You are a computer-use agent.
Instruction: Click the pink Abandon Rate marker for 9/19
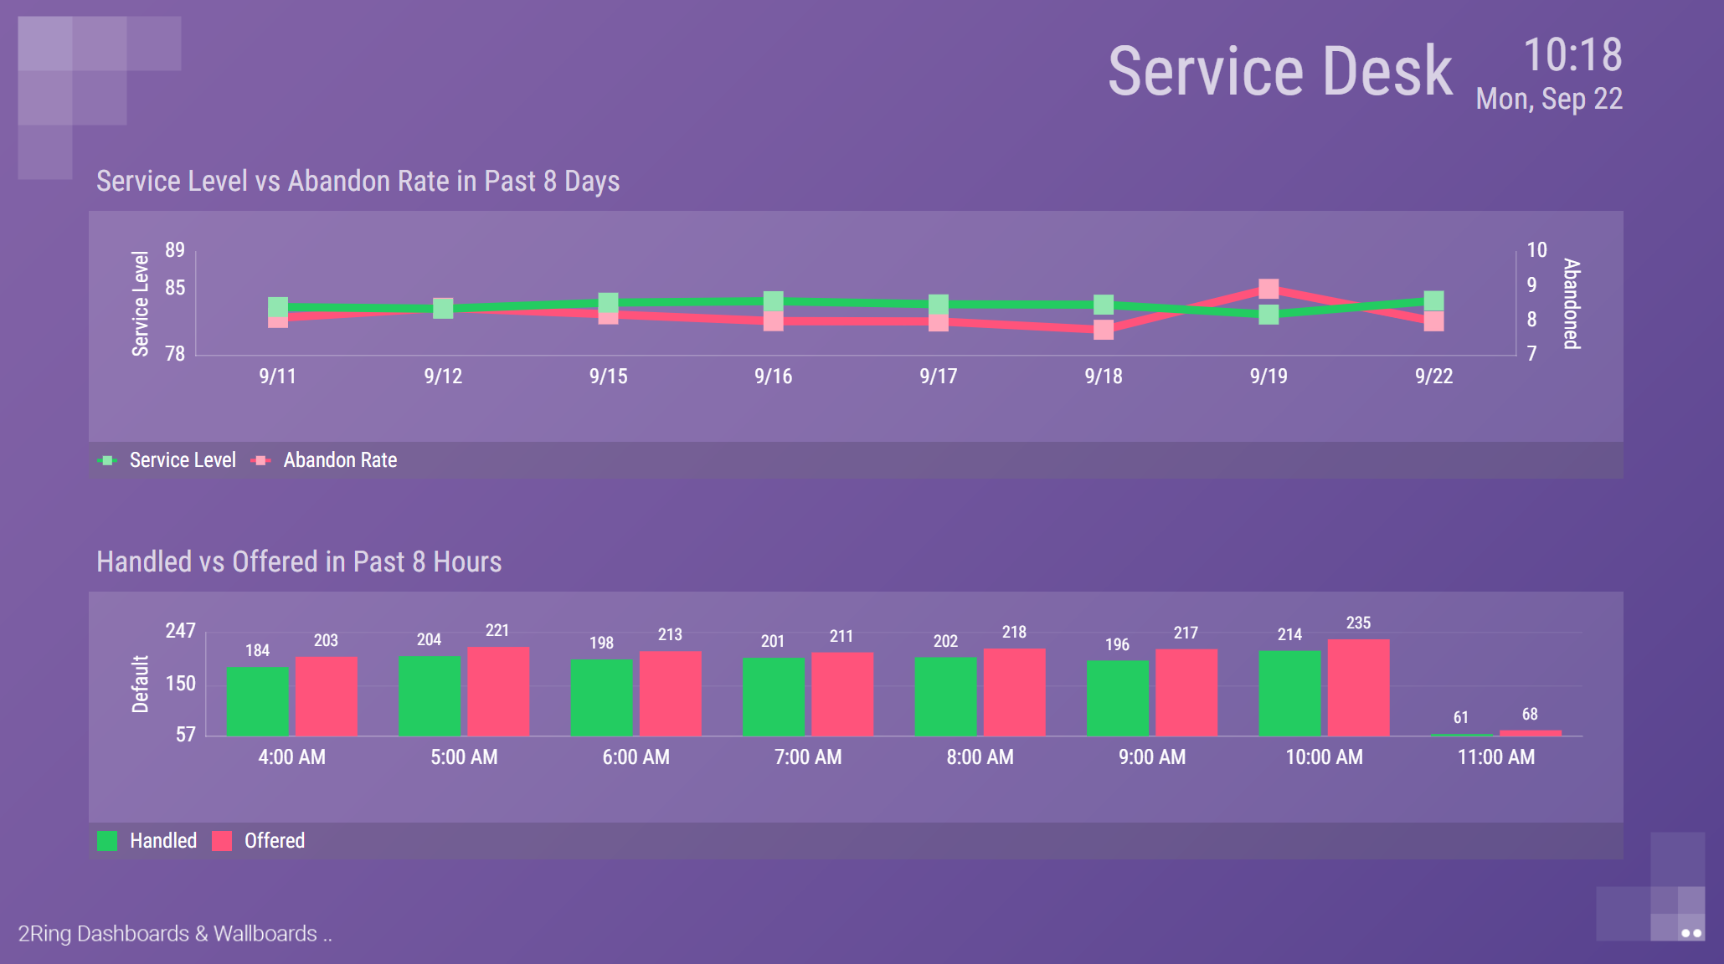coord(1269,289)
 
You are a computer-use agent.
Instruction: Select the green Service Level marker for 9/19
coord(1269,315)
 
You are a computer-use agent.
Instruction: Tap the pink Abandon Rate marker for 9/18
coord(1104,330)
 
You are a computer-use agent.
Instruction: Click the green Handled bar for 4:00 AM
coord(257,701)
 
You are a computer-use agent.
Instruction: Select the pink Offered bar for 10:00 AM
coord(1358,687)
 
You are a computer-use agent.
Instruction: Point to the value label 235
coord(1358,623)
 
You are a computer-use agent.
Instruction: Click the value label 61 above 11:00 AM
coord(1460,717)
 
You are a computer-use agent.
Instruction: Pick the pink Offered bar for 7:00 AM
coord(842,694)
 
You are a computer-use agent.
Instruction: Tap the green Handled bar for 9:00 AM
coord(1117,698)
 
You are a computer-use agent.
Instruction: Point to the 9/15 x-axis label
coord(608,377)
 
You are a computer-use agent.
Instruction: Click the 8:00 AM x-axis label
coord(980,757)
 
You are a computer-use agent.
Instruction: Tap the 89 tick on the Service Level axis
coord(175,250)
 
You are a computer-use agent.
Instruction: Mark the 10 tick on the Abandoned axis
coord(1536,250)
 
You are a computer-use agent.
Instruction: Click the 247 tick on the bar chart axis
coord(180,631)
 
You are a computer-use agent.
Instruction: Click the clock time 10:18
coord(1572,55)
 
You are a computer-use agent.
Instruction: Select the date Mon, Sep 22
coord(1549,99)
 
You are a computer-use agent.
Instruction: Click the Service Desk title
coord(1279,72)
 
